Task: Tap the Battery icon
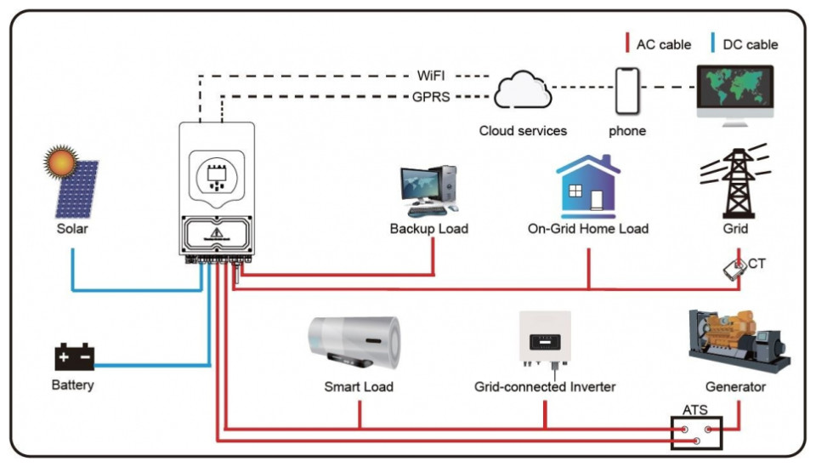click(x=74, y=356)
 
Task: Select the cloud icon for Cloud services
click(x=524, y=91)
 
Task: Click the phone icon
click(x=626, y=90)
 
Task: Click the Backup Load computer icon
click(x=428, y=190)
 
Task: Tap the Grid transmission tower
click(x=735, y=179)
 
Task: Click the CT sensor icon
click(x=733, y=268)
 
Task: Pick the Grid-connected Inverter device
click(x=545, y=339)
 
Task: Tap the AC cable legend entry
click(x=658, y=43)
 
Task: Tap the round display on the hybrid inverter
click(x=216, y=176)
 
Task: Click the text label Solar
click(x=72, y=229)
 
